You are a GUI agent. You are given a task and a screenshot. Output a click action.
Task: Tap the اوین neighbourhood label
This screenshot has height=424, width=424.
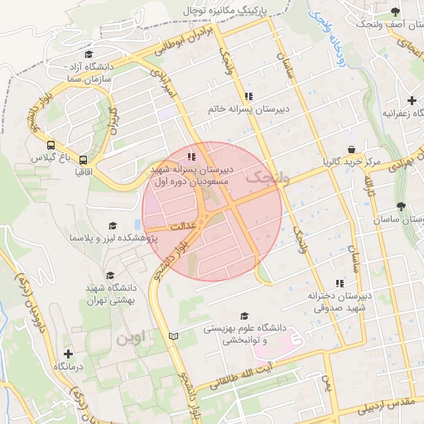point(131,338)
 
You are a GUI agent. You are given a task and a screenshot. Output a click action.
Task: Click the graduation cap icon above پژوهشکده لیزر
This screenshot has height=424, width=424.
point(113,225)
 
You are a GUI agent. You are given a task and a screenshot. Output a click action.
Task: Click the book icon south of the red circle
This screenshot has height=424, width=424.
point(173,335)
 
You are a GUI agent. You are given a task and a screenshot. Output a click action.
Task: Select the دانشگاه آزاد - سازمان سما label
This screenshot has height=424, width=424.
point(76,70)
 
